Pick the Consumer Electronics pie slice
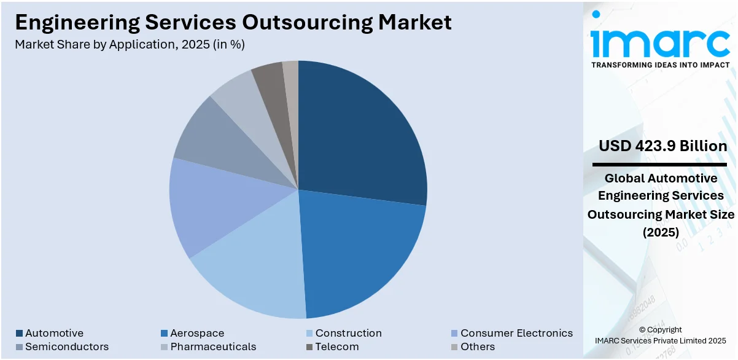tap(209, 206)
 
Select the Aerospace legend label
tap(197, 333)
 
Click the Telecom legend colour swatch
tap(309, 346)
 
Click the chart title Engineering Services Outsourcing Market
tap(233, 22)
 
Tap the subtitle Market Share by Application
tap(130, 44)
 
